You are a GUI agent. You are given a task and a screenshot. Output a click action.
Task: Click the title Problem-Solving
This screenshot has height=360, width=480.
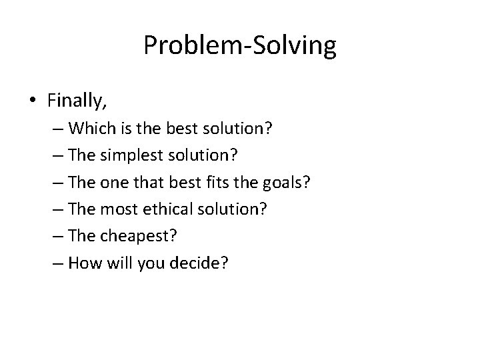(240, 47)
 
